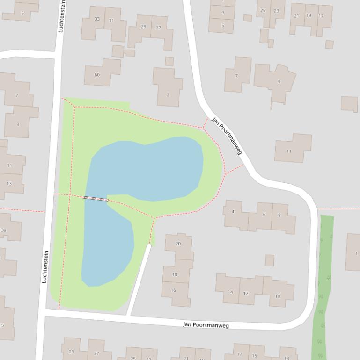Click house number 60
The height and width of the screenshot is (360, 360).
click(97, 75)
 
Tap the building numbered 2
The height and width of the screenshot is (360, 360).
click(168, 95)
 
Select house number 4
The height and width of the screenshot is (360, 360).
click(233, 212)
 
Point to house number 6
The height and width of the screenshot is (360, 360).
click(264, 215)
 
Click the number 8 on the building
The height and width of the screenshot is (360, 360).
click(279, 215)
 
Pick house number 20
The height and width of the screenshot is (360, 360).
click(178, 244)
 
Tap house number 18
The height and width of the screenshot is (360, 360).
click(175, 274)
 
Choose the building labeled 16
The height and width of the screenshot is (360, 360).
click(173, 290)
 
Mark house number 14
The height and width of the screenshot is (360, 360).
click(230, 292)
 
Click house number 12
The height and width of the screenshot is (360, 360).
click(246, 294)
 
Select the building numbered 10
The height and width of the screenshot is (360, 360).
click(277, 296)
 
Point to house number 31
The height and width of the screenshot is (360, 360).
click(111, 20)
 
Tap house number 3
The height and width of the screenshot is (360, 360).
click(223, 13)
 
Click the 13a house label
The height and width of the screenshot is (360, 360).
click(3, 230)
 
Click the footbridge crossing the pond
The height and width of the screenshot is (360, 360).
click(94, 199)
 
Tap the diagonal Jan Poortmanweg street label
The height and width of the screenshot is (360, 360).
click(227, 136)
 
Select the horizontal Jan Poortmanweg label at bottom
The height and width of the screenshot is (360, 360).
click(206, 325)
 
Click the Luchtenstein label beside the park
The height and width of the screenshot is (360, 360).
click(45, 266)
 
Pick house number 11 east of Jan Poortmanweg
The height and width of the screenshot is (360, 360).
click(289, 151)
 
